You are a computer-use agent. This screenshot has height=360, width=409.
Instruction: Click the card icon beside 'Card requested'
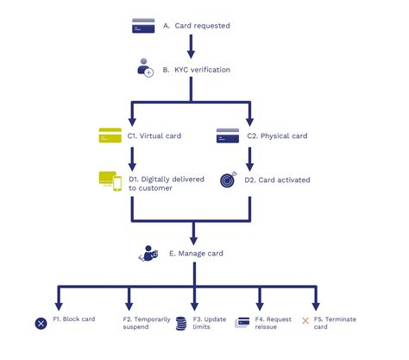(x=142, y=26)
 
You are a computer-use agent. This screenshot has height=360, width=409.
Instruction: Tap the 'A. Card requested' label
(x=197, y=26)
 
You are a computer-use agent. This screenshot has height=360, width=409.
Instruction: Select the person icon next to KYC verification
(x=144, y=69)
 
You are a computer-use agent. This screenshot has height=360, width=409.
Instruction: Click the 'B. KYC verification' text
(x=200, y=70)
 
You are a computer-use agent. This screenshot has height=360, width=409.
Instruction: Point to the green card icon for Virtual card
(x=110, y=135)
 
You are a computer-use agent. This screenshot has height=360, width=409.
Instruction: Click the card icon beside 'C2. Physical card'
(x=227, y=135)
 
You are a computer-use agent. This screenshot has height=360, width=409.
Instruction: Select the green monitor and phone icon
(x=110, y=180)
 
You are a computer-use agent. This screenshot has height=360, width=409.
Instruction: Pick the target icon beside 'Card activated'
(x=227, y=180)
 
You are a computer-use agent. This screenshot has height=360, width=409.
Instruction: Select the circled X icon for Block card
(x=41, y=324)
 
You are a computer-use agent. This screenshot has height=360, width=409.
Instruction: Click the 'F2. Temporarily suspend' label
(x=147, y=324)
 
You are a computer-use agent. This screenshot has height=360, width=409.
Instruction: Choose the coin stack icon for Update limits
(x=180, y=324)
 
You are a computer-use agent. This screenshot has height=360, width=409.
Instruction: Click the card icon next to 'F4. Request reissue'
(x=242, y=323)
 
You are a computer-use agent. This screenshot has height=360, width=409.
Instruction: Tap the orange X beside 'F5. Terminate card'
(x=305, y=320)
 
